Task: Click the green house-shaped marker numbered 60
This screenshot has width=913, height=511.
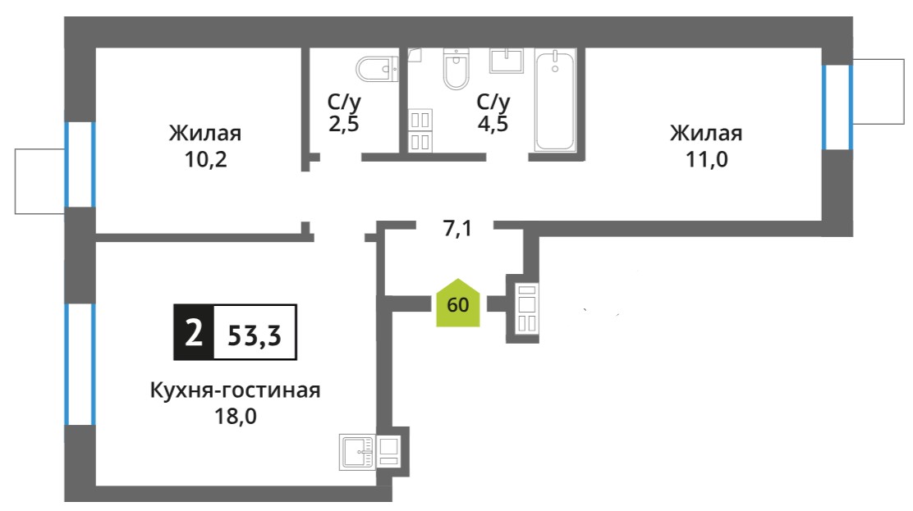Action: click(x=458, y=303)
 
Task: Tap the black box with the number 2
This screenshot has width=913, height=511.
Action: click(x=194, y=332)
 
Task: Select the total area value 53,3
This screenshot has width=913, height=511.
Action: click(x=255, y=335)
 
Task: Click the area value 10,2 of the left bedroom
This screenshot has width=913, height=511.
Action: click(x=205, y=159)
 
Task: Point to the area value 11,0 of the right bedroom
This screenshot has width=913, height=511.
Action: click(x=706, y=159)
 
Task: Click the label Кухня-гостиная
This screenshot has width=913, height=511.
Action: click(x=236, y=390)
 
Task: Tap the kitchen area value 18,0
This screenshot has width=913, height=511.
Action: click(x=236, y=416)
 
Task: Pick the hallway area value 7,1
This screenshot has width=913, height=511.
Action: click(x=457, y=229)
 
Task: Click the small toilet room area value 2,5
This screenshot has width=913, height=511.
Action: click(x=343, y=123)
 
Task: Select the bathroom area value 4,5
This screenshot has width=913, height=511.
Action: click(x=493, y=123)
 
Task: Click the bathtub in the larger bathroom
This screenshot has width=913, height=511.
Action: click(x=555, y=100)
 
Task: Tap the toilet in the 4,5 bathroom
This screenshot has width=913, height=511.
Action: click(x=456, y=68)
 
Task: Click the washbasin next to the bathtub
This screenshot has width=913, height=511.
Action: click(x=507, y=61)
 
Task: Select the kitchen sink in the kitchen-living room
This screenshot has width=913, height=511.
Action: click(x=357, y=452)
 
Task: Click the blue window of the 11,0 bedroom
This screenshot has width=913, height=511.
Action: click(x=837, y=107)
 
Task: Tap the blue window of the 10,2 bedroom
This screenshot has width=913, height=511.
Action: click(x=80, y=164)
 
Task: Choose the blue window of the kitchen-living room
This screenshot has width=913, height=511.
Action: click(x=80, y=364)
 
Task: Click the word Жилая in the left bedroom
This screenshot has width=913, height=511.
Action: click(x=205, y=133)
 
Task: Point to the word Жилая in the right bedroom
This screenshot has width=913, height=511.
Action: click(x=706, y=133)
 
